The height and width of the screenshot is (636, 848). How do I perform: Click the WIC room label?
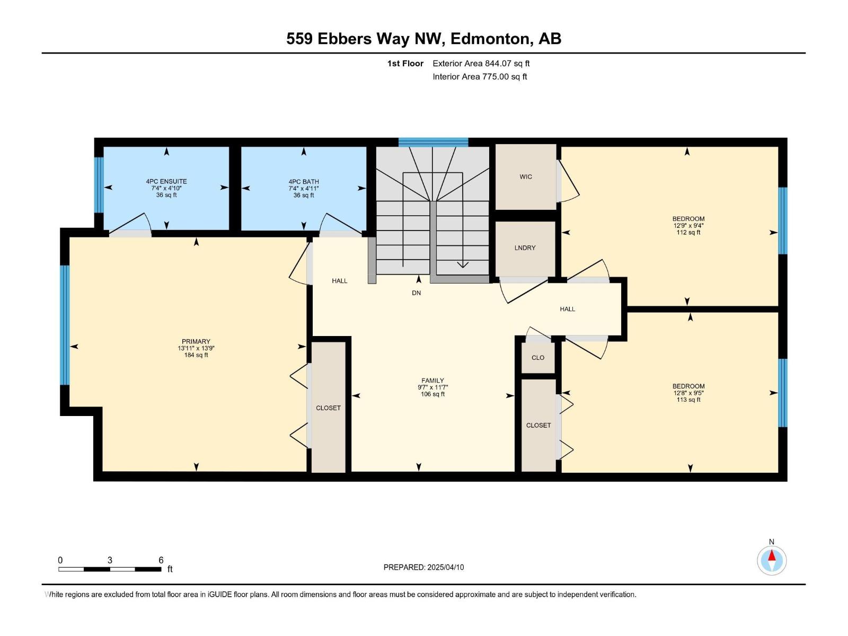point(526,177)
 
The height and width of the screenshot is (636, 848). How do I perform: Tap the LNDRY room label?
point(525,248)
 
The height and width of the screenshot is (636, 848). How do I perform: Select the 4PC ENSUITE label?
point(166,181)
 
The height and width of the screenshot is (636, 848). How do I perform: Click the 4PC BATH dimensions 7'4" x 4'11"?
point(304,189)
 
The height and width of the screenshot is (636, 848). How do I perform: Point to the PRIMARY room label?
point(196,342)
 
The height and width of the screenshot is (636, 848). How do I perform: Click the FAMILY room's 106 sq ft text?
point(432,394)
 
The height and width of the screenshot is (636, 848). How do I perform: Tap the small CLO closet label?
point(538,358)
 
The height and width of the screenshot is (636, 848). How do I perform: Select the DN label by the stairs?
point(417,293)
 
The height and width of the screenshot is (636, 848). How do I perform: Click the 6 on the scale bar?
point(161,560)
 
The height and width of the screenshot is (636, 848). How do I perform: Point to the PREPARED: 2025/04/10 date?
point(423,567)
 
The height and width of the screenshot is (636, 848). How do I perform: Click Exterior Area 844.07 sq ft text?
point(481,64)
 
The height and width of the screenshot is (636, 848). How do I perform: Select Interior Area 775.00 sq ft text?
point(480,77)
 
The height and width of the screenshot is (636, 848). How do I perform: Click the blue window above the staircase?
point(433,142)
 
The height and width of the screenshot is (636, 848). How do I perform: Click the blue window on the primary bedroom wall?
point(65,325)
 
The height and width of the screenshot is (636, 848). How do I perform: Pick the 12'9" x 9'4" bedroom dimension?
point(688,226)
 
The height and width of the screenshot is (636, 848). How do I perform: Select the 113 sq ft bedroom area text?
point(688,400)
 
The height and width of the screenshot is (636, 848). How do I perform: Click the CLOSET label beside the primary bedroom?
point(328,408)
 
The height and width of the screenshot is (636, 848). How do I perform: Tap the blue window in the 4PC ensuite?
point(99,185)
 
